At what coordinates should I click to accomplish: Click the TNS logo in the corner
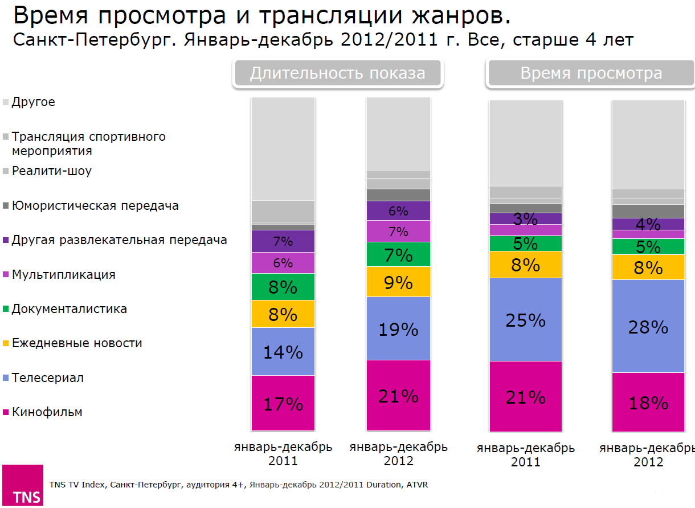click(x=23, y=485)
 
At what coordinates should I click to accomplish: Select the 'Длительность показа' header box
click(x=338, y=74)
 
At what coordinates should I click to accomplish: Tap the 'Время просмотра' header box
click(x=591, y=74)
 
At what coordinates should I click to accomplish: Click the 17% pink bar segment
click(x=283, y=403)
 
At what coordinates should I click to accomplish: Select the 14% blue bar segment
click(x=283, y=352)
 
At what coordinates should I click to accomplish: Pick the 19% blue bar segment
click(x=398, y=329)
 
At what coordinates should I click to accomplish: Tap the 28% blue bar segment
click(x=648, y=326)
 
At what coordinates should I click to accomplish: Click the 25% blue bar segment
click(x=526, y=320)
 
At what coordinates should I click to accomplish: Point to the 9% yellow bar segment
click(x=398, y=282)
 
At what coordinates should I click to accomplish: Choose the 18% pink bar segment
click(x=648, y=402)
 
